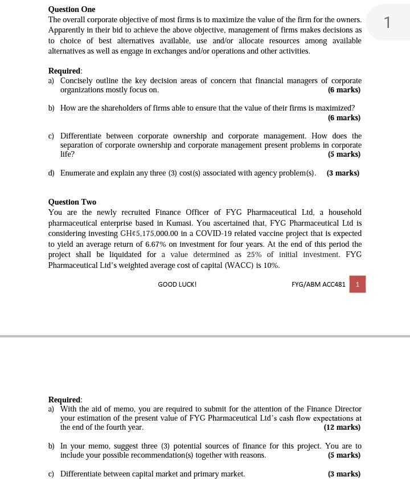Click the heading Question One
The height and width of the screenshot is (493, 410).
pos(72,9)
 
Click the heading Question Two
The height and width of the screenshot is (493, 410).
pos(72,202)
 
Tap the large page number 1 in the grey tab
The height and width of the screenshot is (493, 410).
pos(387,22)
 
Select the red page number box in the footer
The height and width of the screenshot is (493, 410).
pos(357,284)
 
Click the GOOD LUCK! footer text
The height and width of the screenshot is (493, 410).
pos(177,284)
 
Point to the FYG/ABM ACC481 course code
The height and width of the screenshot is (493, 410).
pos(318,284)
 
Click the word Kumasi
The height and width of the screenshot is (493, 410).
pos(202,223)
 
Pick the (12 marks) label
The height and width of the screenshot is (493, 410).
pos(342,427)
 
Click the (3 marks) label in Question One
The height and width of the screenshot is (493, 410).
pos(343,173)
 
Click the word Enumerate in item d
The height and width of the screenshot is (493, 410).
pos(77,173)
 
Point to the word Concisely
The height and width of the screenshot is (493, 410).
pos(79,80)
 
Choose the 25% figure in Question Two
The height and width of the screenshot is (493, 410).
pos(253,254)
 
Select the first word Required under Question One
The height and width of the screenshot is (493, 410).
pos(64,71)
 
